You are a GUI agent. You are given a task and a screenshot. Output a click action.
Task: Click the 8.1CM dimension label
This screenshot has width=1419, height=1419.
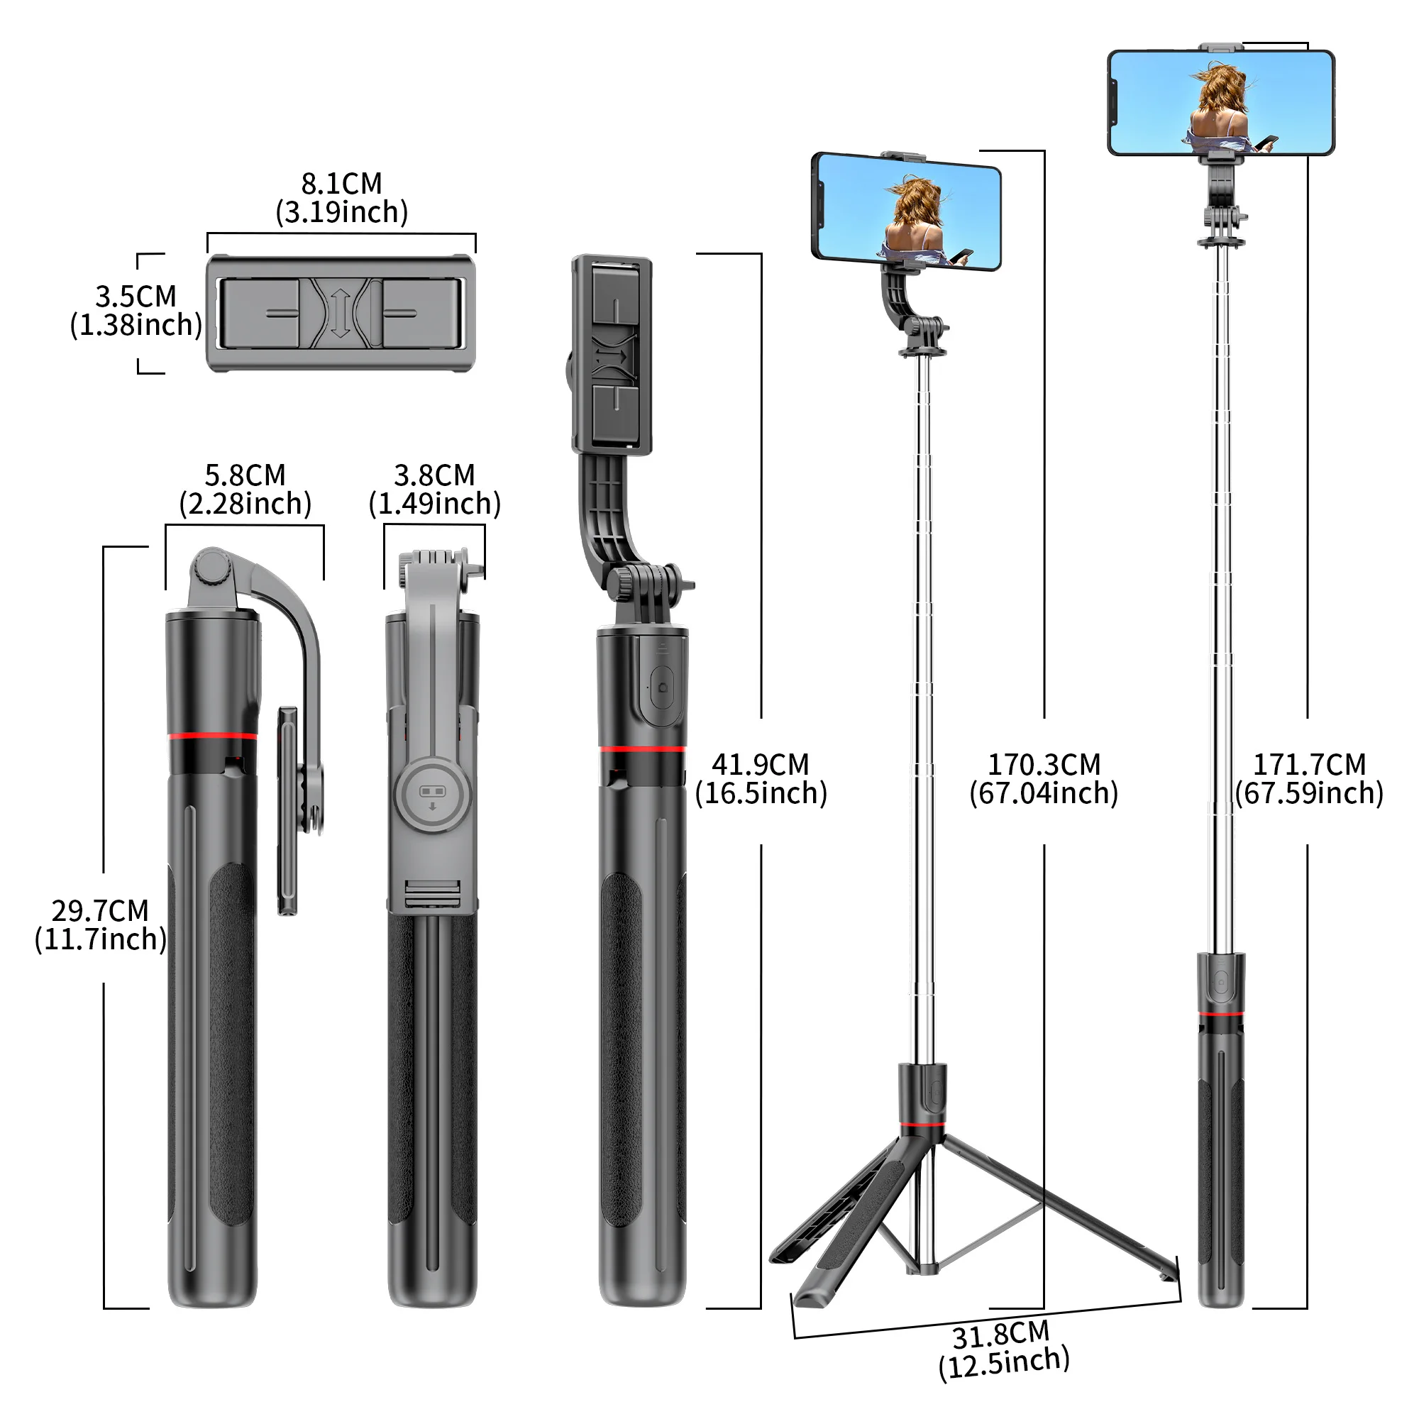(341, 184)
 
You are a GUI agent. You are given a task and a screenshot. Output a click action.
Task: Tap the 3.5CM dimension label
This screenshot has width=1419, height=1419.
(136, 297)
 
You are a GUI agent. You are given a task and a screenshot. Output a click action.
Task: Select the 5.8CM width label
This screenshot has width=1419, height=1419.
(245, 475)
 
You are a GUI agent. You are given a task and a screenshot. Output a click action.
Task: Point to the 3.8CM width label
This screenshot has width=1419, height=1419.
(434, 475)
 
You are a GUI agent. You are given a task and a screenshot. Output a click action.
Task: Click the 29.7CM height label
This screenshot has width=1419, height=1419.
(100, 911)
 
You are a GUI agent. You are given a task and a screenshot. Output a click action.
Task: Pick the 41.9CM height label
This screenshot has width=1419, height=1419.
(760, 765)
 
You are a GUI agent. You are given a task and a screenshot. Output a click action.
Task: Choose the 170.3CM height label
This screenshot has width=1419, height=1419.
(1044, 765)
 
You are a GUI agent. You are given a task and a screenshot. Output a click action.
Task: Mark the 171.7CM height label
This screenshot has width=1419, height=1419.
(1309, 765)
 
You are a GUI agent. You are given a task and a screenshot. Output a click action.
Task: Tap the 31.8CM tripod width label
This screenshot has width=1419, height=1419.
(1001, 1335)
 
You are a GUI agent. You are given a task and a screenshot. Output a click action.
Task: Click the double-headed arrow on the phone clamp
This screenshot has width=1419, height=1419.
(340, 314)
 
